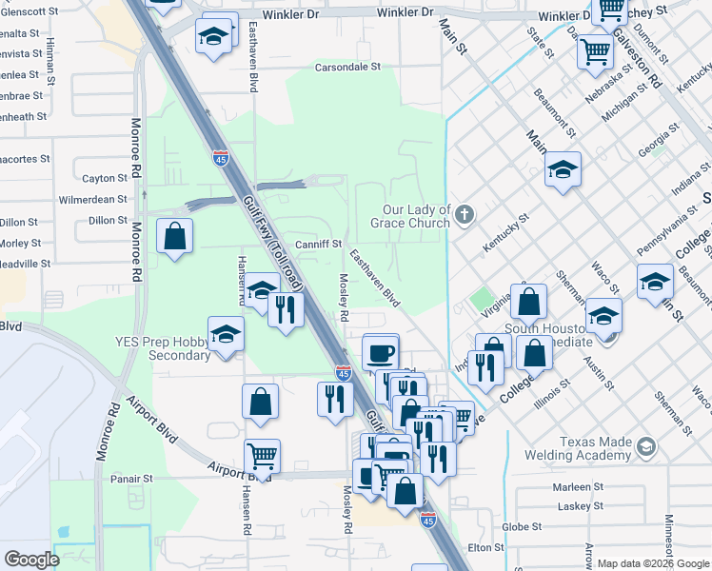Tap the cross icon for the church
pos(465,211)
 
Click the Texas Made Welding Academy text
pos(596,448)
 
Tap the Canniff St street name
pos(318,245)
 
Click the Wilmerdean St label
pos(92,200)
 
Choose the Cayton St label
pos(105,178)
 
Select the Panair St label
pos(131,479)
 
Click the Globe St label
pos(522,526)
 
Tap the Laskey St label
pos(576,506)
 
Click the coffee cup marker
pos(382,352)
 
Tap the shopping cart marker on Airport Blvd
pos(262,457)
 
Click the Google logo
pos(32,560)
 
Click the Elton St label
pos(485,547)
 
